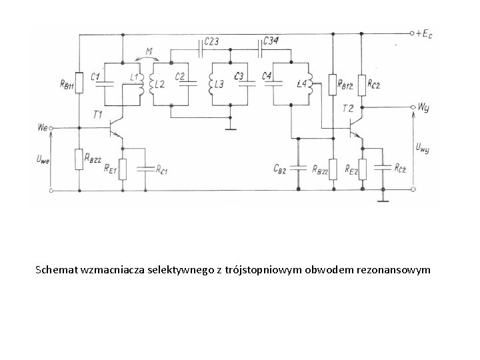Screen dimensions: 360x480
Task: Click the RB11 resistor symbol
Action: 79,83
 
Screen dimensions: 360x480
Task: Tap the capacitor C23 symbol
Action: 201,49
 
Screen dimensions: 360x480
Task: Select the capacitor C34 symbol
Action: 261,49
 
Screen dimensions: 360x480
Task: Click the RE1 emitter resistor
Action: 123,167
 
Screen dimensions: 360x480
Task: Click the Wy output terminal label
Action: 423,106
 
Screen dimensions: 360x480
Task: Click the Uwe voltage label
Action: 41,159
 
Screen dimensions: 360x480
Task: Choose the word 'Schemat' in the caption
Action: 55,271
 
